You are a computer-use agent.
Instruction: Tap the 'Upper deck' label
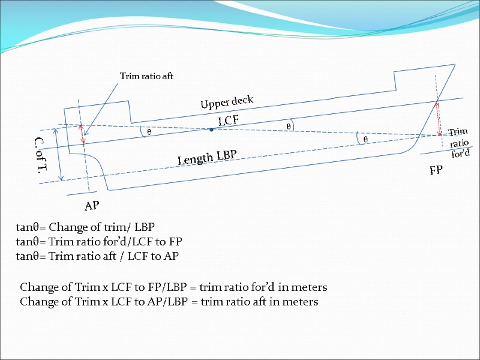[227, 103]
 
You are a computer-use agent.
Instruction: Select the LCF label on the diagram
[228, 121]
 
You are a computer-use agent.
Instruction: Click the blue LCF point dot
[211, 130]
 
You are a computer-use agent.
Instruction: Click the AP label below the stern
[92, 206]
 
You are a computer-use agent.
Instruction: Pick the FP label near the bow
[436, 170]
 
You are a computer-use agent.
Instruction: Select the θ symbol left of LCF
[149, 131]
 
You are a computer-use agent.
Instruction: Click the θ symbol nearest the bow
[365, 139]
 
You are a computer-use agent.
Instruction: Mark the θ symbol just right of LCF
[289, 127]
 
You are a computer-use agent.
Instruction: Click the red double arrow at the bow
[439, 117]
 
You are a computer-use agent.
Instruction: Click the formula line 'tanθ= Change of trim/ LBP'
[85, 227]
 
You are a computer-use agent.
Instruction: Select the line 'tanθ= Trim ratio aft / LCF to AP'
[97, 256]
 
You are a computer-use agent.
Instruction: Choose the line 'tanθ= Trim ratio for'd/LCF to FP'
[98, 242]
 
